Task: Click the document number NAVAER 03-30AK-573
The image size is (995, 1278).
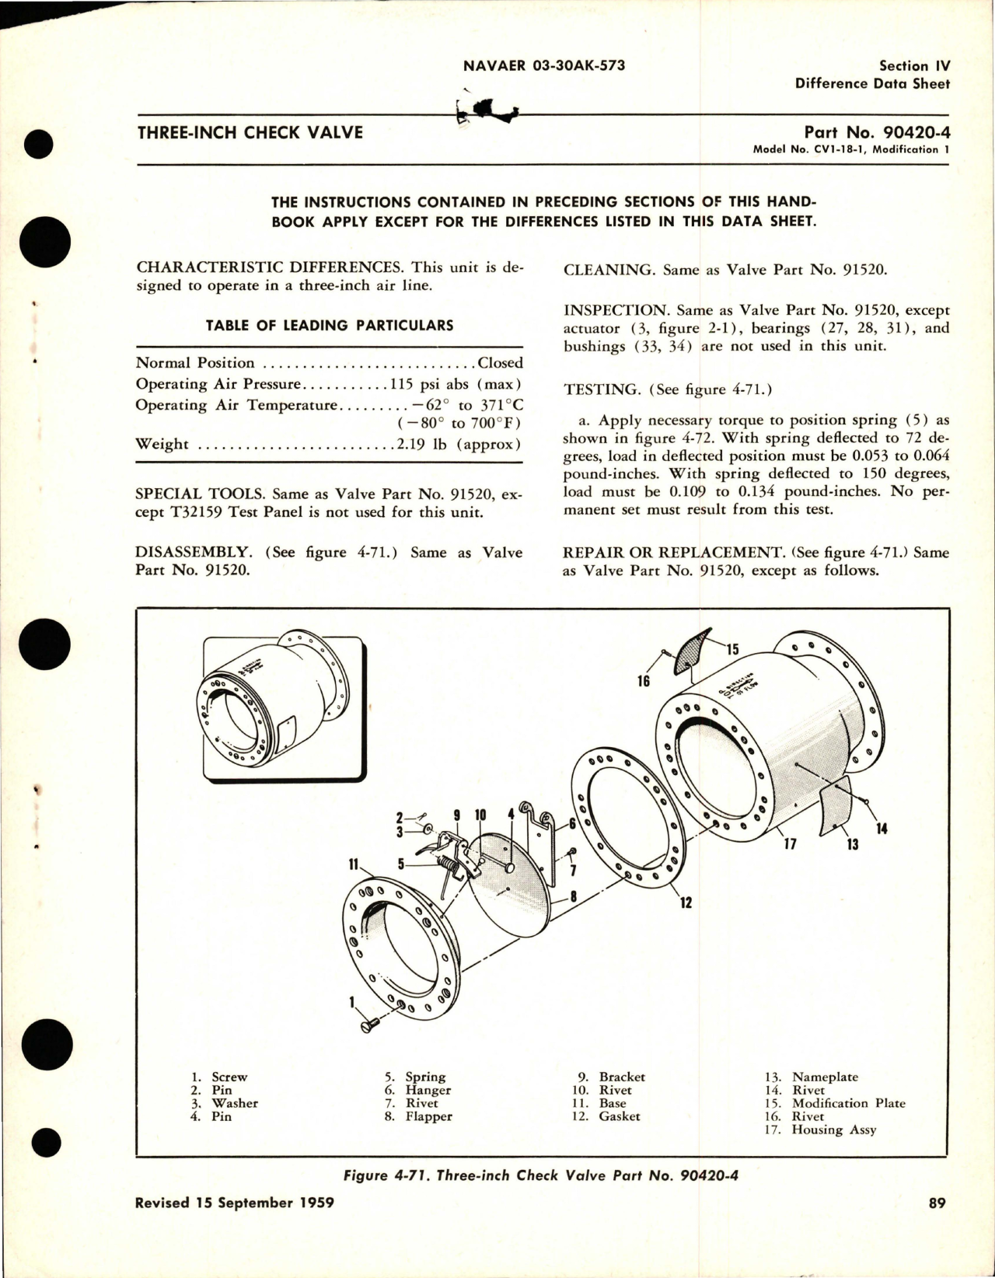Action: pos(543,66)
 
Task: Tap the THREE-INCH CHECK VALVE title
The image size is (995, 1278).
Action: pos(250,132)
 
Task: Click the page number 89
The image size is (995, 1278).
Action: pos(936,1224)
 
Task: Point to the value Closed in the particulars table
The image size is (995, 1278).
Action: pos(500,363)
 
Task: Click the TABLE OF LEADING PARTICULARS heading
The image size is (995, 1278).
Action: pos(329,325)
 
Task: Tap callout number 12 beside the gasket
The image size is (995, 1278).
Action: pos(686,903)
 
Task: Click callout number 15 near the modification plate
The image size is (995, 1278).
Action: pos(732,650)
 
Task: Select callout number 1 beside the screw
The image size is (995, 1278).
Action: pos(351,1003)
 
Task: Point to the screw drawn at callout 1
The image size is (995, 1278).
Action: pos(370,1026)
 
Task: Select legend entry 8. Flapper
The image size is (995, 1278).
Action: pos(418,1116)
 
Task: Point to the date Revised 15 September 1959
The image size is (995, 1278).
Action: pos(234,1224)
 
